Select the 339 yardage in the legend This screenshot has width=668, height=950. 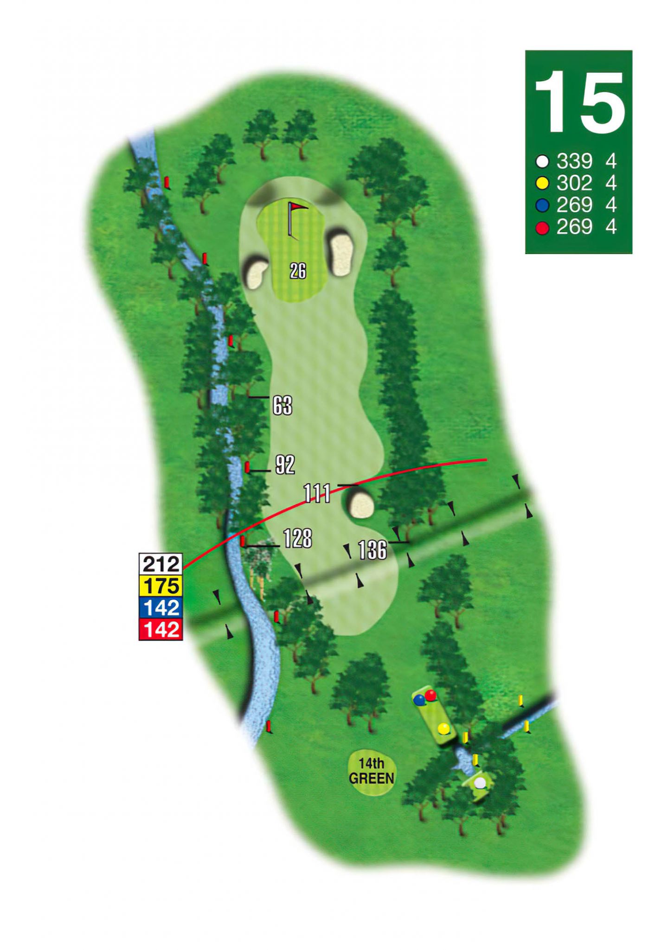pos(574,161)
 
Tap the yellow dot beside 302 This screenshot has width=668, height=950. pos(542,184)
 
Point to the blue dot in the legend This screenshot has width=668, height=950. pos(542,205)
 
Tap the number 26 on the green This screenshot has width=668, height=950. pos(298,271)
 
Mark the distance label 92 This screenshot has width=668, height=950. pos(285,465)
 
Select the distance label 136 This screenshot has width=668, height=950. pos(373,550)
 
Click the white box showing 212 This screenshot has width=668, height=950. pos(161,564)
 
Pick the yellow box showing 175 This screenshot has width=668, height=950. pos(161,586)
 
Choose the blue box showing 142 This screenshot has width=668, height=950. pos(161,608)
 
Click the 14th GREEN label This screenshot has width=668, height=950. pos(372,771)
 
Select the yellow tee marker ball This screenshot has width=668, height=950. pos(444,728)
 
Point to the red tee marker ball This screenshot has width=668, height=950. pos(431,695)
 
